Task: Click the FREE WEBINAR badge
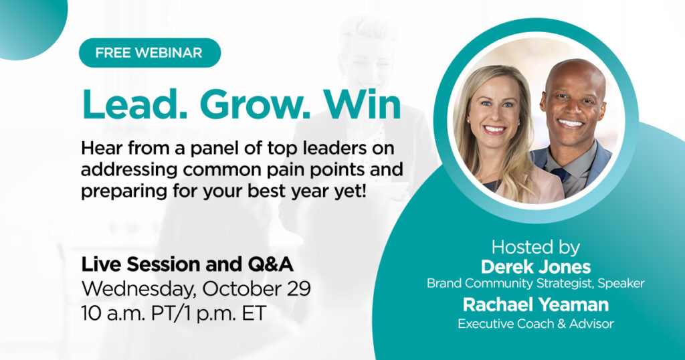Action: (149, 53)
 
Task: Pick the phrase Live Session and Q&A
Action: (187, 264)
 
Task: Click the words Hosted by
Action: (535, 247)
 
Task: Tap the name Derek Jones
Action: (535, 267)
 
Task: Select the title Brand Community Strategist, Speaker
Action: (535, 284)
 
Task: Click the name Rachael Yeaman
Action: (535, 305)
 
